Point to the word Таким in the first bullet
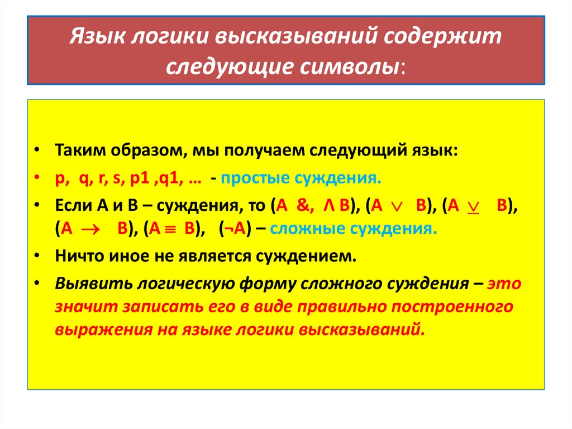tap(77, 152)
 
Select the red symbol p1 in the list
tap(138, 178)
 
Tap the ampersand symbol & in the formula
tap(304, 205)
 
